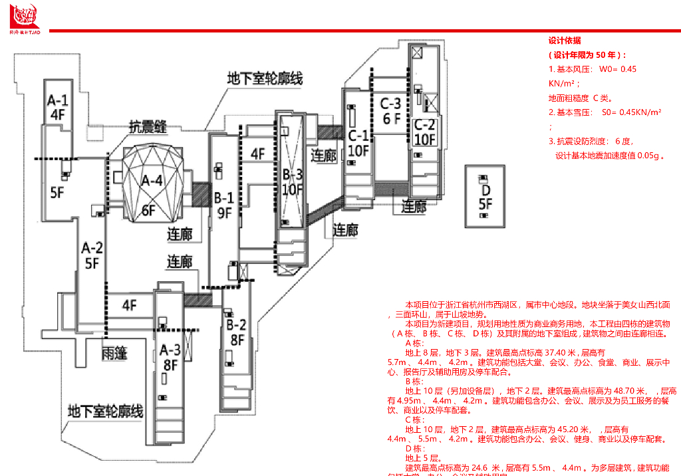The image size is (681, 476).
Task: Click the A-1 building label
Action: [57, 100]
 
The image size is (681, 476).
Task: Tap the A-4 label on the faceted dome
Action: [152, 180]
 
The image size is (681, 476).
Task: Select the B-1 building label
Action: [223, 197]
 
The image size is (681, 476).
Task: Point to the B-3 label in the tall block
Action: [293, 175]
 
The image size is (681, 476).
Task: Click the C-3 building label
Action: [390, 104]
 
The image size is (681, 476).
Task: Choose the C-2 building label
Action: [424, 124]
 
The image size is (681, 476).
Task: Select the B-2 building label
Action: [236, 325]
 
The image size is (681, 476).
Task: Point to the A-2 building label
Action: [92, 247]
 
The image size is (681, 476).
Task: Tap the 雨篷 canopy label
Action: [114, 352]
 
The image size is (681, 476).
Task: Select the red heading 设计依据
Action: [565, 41]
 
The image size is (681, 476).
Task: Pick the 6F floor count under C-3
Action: [391, 119]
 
